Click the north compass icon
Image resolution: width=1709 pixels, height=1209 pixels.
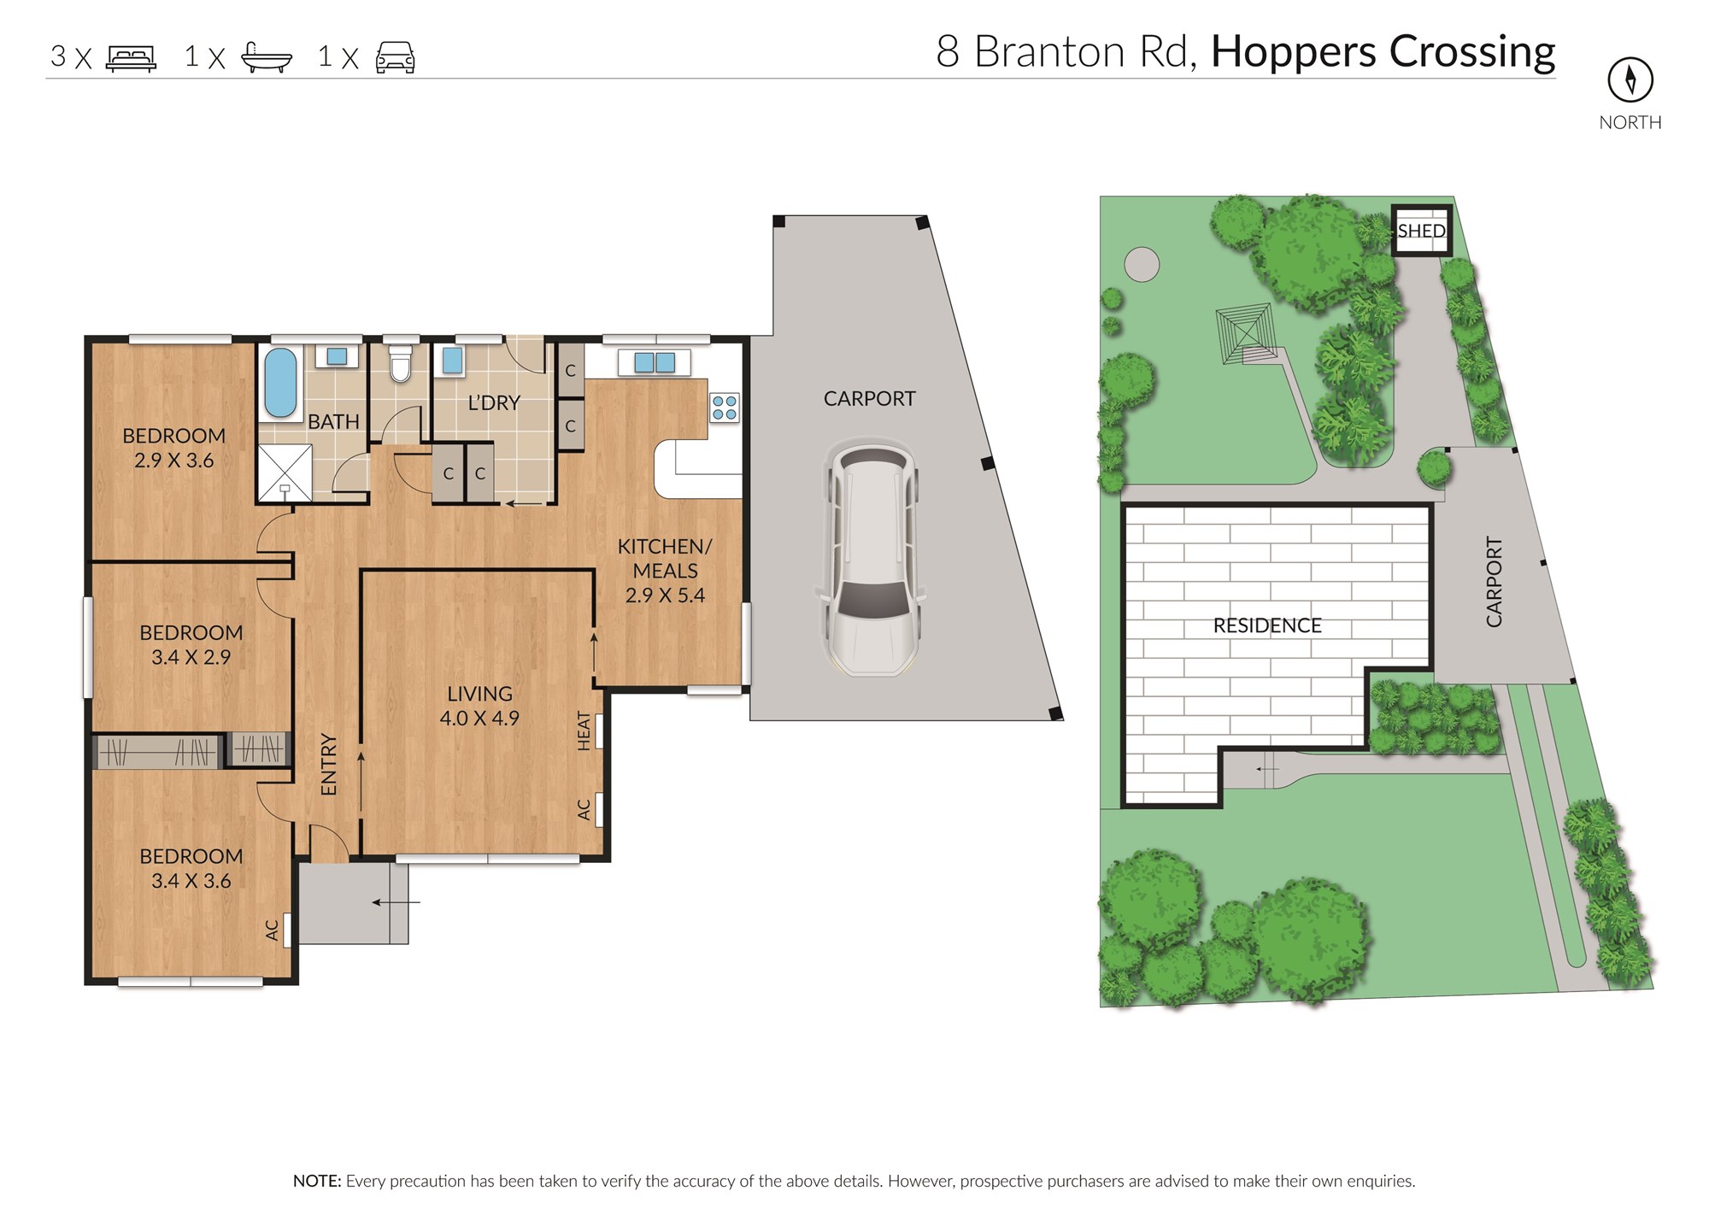[x=1630, y=79]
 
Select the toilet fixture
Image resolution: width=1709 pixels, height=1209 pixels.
[x=400, y=362]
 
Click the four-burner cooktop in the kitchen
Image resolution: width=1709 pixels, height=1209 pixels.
[x=725, y=408]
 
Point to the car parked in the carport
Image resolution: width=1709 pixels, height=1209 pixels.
[x=870, y=557]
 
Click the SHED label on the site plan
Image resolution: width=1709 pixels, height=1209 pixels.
[x=1421, y=231]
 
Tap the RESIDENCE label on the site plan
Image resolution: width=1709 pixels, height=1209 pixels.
[x=1267, y=625]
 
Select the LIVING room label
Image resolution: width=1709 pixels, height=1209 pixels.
[x=479, y=694]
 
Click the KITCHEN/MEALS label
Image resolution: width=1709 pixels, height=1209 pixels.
[x=665, y=558]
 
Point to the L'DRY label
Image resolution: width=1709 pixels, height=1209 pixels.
[x=494, y=402]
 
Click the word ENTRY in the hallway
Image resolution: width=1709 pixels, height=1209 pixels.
[x=329, y=765]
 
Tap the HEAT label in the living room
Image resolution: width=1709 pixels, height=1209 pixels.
[x=584, y=731]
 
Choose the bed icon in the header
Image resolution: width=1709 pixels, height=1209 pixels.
[x=131, y=58]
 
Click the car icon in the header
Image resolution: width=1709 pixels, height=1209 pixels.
[x=395, y=57]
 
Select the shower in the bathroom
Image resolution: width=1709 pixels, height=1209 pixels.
[x=285, y=472]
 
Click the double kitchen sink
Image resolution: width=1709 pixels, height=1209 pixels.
[x=655, y=362]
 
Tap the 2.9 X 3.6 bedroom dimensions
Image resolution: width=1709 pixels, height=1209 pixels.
[x=174, y=461]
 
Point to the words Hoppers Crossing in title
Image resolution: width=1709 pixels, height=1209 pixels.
[x=1383, y=53]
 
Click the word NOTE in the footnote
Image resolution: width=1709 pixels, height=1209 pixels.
[x=316, y=1181]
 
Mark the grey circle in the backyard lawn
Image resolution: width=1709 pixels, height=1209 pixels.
[x=1142, y=264]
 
